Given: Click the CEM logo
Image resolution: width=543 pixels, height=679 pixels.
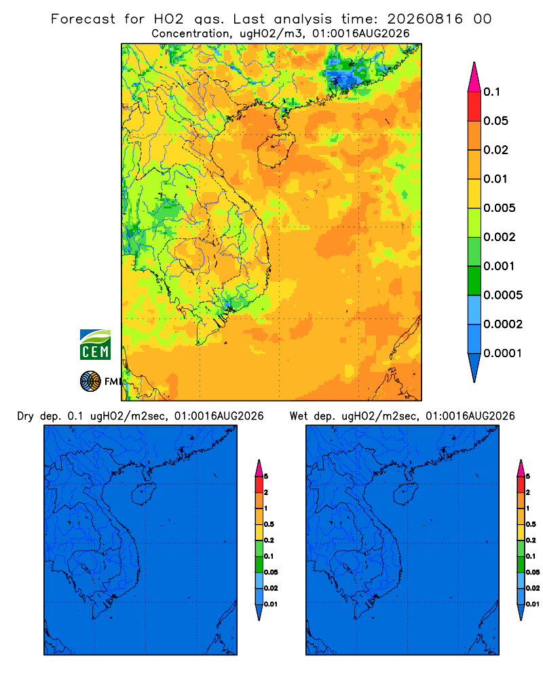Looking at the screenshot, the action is tap(95, 344).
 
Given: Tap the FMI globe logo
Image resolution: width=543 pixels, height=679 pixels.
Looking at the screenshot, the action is tap(90, 381).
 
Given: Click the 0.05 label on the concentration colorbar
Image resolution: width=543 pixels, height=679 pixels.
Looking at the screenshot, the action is tap(495, 121).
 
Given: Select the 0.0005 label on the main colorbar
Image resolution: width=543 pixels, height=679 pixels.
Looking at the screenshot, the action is tap(503, 295).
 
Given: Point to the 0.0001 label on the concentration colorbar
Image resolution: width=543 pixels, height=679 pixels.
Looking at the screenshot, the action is tap(502, 353).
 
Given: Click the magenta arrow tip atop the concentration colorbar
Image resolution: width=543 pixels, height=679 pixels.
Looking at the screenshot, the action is tap(474, 77).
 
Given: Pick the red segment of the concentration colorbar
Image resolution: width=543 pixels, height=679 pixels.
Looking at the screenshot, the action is tap(474, 107).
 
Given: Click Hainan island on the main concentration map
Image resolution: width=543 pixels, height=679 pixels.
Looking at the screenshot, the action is tap(276, 150).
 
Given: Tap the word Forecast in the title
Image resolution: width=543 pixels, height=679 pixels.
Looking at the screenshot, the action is tap(83, 19).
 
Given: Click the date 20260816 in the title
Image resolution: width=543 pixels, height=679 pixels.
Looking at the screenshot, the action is tap(425, 19).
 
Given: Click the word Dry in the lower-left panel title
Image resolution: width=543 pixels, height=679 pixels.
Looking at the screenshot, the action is tap(25, 416).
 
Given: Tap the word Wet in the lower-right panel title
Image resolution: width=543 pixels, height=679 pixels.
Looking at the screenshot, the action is tap(299, 416).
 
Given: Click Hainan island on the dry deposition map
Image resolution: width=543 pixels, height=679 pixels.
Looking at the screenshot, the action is tap(143, 494).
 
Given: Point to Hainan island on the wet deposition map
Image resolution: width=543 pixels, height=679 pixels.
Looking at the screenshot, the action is tap(406, 494).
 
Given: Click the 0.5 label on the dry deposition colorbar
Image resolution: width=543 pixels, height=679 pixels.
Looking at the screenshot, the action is tap(269, 524).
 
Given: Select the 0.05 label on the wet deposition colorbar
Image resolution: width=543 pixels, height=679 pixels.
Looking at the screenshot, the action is tap(533, 572).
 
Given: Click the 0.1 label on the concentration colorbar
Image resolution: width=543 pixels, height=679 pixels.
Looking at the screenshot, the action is tap(491, 92).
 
